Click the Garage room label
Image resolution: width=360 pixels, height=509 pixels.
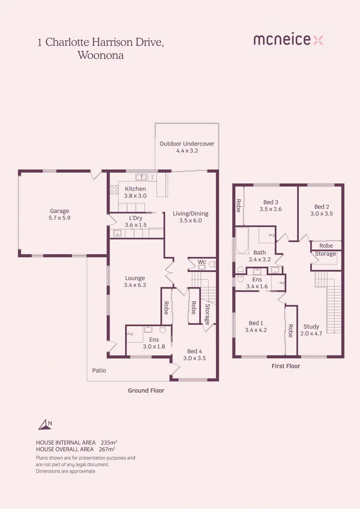tap(59, 211)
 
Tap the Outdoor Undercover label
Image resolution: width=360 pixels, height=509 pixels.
tap(187, 144)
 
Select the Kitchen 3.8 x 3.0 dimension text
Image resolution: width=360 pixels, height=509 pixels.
tap(135, 196)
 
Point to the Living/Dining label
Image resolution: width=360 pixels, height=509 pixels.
tap(190, 213)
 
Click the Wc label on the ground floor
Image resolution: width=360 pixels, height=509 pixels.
tap(202, 262)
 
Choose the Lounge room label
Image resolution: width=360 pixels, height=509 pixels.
tap(135, 278)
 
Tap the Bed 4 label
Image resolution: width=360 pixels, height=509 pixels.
tap(196, 351)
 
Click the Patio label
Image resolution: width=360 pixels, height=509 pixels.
tap(99, 370)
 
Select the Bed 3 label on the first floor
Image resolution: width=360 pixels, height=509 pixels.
tap(270, 202)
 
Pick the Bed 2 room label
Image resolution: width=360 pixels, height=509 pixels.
tap(321, 206)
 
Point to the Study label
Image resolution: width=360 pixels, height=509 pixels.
tap(311, 327)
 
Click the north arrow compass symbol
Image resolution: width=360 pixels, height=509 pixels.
tap(45, 425)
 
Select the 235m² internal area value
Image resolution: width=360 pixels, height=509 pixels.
tap(109, 443)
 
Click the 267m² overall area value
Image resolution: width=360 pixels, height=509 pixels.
tap(107, 450)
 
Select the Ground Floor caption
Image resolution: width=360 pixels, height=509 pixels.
tap(146, 391)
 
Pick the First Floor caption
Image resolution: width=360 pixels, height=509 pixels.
tap(286, 366)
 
